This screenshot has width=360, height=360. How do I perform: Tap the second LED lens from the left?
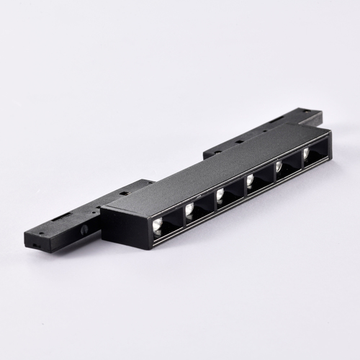pos(189,209)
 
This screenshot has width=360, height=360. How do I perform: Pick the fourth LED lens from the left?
pos(250,180)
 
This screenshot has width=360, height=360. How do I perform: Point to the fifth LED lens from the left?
pos(278,166)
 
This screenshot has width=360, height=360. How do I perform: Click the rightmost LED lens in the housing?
pos(305,153)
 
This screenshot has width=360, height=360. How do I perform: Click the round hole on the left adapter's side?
pos(85,228)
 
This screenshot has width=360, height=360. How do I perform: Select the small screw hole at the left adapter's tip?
pos(40,233)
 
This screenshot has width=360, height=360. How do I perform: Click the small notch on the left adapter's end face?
pos(33,245)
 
